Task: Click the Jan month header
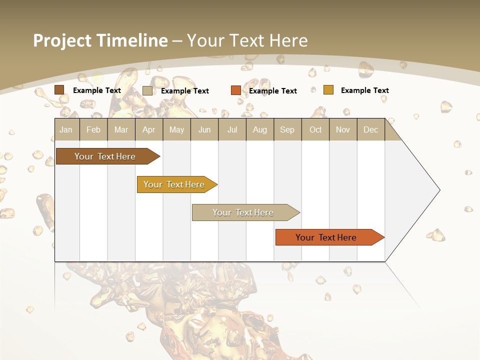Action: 66,129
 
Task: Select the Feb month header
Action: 93,129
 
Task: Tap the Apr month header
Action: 148,129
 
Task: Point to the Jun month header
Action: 204,129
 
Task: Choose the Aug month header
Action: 259,129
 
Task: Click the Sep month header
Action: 287,129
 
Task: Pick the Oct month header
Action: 315,129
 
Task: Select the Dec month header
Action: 370,129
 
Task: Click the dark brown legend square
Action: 59,90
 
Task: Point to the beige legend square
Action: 147,90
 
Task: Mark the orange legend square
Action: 236,90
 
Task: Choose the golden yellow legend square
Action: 328,90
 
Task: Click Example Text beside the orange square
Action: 273,90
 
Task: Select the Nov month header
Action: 343,129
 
